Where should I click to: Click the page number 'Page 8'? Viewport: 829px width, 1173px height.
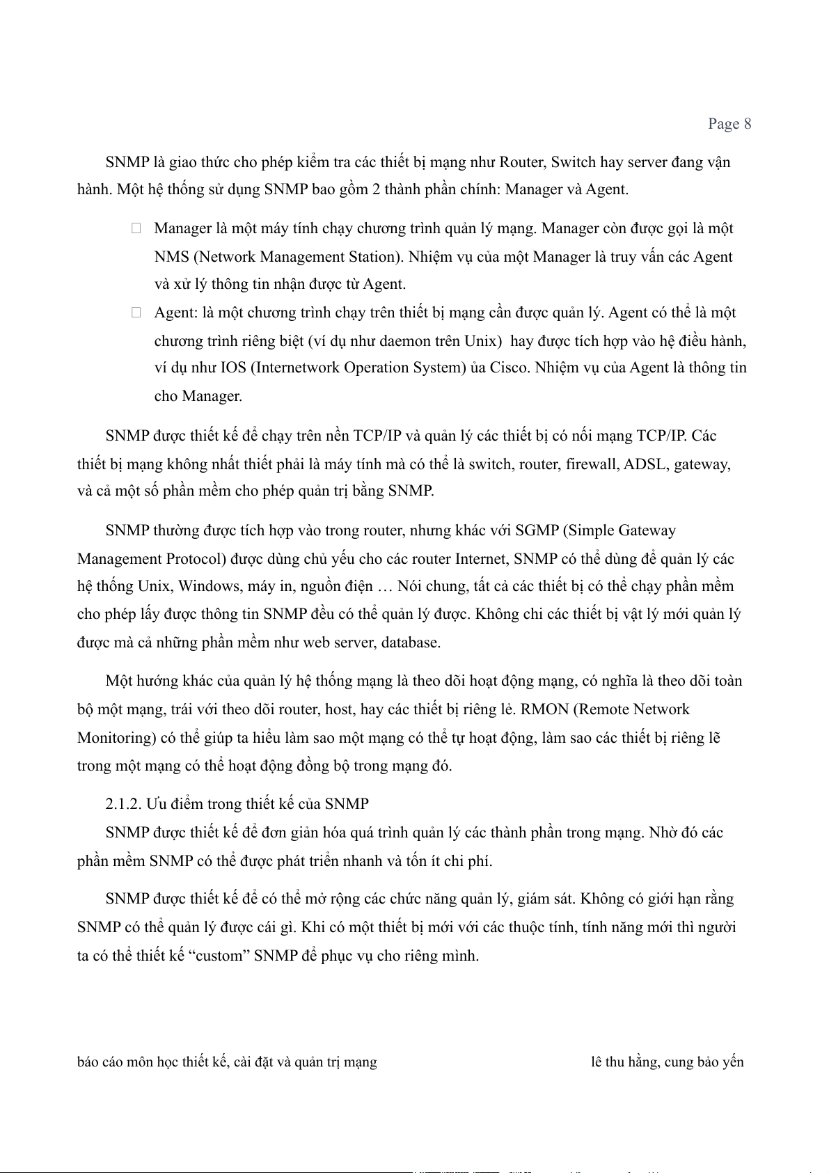(729, 124)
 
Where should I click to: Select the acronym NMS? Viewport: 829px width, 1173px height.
(172, 257)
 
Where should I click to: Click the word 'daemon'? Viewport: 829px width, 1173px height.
(404, 341)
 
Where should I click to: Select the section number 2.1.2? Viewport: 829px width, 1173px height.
(124, 804)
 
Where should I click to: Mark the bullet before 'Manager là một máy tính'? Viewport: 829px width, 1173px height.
(136, 228)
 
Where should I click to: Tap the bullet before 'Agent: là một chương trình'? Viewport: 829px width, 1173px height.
(136, 313)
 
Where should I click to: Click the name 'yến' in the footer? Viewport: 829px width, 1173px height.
(733, 1062)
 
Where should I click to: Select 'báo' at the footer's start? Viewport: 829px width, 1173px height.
(87, 1062)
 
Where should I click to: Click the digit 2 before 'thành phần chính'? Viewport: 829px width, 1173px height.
(377, 189)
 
